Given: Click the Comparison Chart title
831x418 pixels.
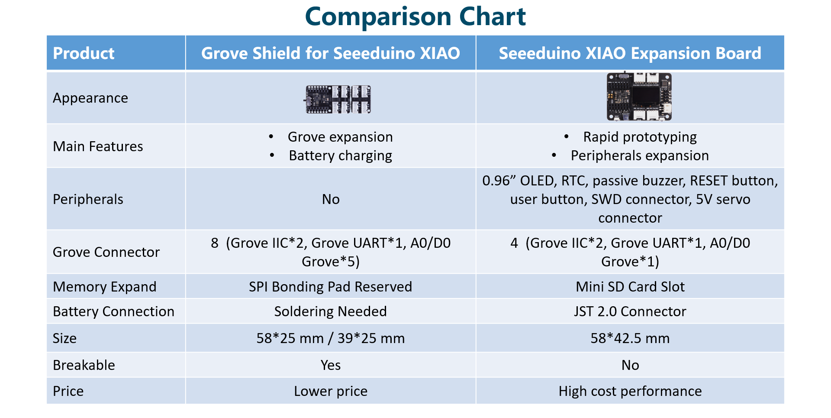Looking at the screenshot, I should tap(415, 16).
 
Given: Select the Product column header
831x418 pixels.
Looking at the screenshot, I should tap(84, 53).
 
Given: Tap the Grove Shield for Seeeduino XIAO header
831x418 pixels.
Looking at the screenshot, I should tap(330, 53).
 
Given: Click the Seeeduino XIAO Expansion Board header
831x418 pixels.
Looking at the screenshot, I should tap(630, 53).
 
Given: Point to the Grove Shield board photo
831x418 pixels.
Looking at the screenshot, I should tap(338, 99).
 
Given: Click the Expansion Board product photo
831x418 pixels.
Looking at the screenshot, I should tap(639, 97).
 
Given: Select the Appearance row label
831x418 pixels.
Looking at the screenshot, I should tap(90, 98).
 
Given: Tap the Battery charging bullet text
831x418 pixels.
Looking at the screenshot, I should tap(340, 156).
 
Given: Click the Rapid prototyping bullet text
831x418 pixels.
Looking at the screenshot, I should tap(640, 137).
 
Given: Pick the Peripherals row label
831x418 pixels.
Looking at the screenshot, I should tap(88, 199).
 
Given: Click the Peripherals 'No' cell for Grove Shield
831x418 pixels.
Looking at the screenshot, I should tap(331, 199).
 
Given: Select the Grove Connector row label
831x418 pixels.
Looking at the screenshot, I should tap(106, 252).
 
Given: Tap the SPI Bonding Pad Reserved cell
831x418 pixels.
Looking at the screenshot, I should tap(330, 287).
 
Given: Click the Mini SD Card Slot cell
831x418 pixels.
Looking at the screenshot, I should tap(630, 287).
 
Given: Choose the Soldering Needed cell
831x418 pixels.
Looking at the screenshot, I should tap(330, 311).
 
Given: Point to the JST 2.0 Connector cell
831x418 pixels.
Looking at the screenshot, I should tap(630, 311).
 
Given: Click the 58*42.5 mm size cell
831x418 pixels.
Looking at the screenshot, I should tap(630, 338).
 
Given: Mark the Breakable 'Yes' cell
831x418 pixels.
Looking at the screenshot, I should tap(331, 365).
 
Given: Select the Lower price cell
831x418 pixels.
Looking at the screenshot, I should tap(331, 391).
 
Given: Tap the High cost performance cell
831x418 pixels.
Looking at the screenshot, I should tap(630, 391).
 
